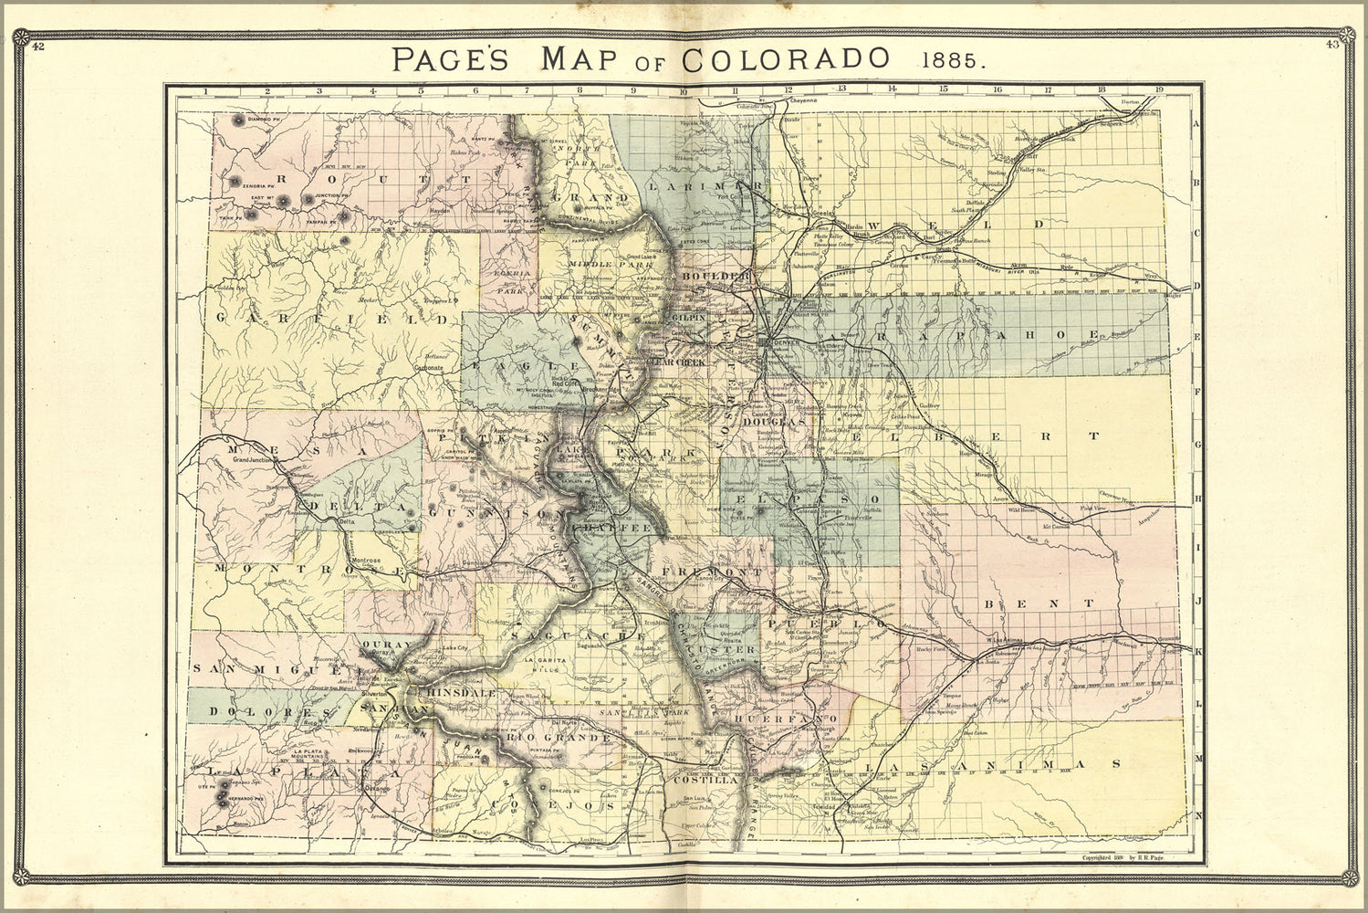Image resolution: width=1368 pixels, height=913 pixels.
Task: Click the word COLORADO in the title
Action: [786, 58]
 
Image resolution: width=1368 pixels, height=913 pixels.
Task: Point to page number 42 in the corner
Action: [37, 47]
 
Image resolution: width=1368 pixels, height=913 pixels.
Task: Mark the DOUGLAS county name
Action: [773, 423]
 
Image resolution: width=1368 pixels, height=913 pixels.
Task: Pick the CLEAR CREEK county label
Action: [676, 362]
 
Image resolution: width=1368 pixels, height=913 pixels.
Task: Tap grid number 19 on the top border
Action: [1159, 89]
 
